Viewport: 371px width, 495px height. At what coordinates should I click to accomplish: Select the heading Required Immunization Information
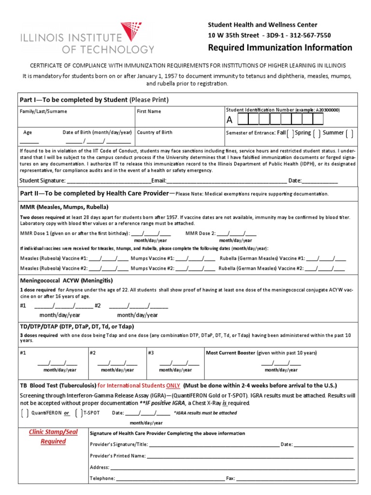coord(280,47)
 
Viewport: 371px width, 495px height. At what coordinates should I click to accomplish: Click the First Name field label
coord(149,111)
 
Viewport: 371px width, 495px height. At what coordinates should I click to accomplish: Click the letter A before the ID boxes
coord(229,119)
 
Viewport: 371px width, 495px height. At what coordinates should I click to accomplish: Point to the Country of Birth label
coord(155,132)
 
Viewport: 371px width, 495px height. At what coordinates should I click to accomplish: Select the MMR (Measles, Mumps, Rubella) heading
coord(64,207)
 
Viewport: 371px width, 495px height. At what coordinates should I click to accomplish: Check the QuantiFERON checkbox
coord(25,413)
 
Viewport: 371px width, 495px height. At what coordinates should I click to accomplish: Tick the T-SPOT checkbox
coord(79,413)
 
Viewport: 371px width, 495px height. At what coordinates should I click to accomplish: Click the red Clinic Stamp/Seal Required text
coord(53,437)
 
